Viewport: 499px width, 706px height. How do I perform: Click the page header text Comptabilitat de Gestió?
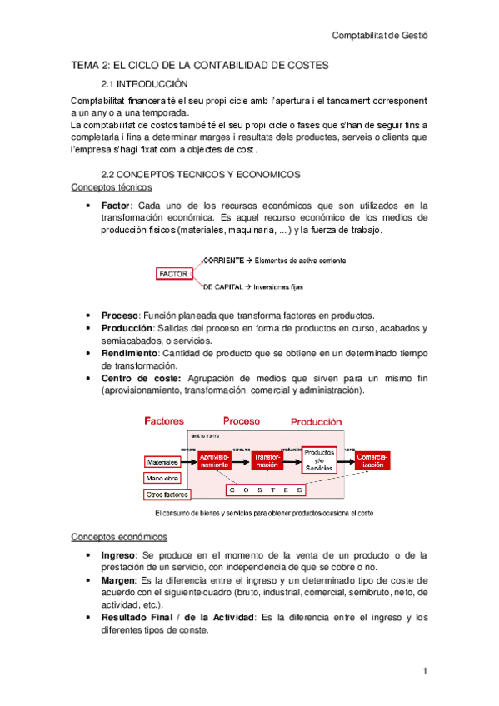point(385,36)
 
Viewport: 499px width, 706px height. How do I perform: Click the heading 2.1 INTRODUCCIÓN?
point(144,84)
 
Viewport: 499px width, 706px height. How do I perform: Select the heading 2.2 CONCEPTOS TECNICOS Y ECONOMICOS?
point(200,175)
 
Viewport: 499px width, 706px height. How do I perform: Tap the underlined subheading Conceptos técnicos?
point(112,188)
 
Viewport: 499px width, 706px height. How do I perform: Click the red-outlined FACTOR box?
point(173,273)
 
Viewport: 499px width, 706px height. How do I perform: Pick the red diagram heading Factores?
point(164,421)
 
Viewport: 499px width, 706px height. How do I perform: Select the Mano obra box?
point(163,478)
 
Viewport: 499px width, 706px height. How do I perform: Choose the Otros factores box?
point(166,495)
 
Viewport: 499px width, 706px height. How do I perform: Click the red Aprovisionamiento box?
point(214,460)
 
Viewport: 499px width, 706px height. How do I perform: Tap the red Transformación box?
point(267,460)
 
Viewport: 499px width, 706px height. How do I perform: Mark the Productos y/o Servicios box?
point(319,459)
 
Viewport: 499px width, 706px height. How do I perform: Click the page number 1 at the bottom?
point(425,671)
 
